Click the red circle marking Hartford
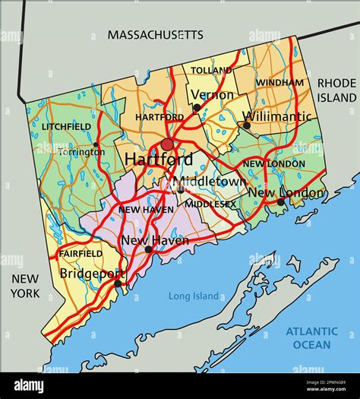coord(167,144)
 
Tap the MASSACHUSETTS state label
coord(155,34)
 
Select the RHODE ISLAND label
coord(336,90)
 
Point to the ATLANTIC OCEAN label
coord(311,337)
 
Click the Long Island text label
coord(194,296)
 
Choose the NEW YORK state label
coord(24,286)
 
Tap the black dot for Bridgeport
coord(118,283)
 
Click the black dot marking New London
coord(280,201)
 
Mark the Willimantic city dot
coord(246,125)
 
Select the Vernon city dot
coord(197,108)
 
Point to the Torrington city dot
coord(96,144)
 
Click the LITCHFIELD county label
coord(67,126)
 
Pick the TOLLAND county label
coord(212,70)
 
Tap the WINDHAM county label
coord(279,82)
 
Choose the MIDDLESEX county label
coord(210,204)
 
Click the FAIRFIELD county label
coord(80,253)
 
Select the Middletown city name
coord(208,182)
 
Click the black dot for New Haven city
coord(148,249)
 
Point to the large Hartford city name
coord(158,160)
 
